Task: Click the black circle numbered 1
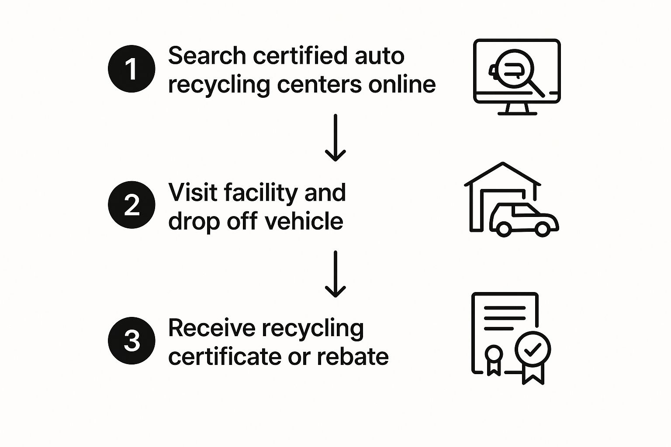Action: tap(131, 69)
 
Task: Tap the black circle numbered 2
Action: tap(131, 205)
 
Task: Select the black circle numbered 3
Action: tap(131, 340)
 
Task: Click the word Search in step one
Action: tap(207, 56)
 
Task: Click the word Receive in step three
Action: tap(210, 328)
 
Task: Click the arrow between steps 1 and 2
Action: tap(335, 138)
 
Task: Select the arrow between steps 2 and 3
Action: tap(335, 274)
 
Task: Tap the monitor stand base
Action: tap(517, 113)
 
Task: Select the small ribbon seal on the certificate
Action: tap(494, 355)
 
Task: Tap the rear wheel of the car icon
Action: tap(504, 229)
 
